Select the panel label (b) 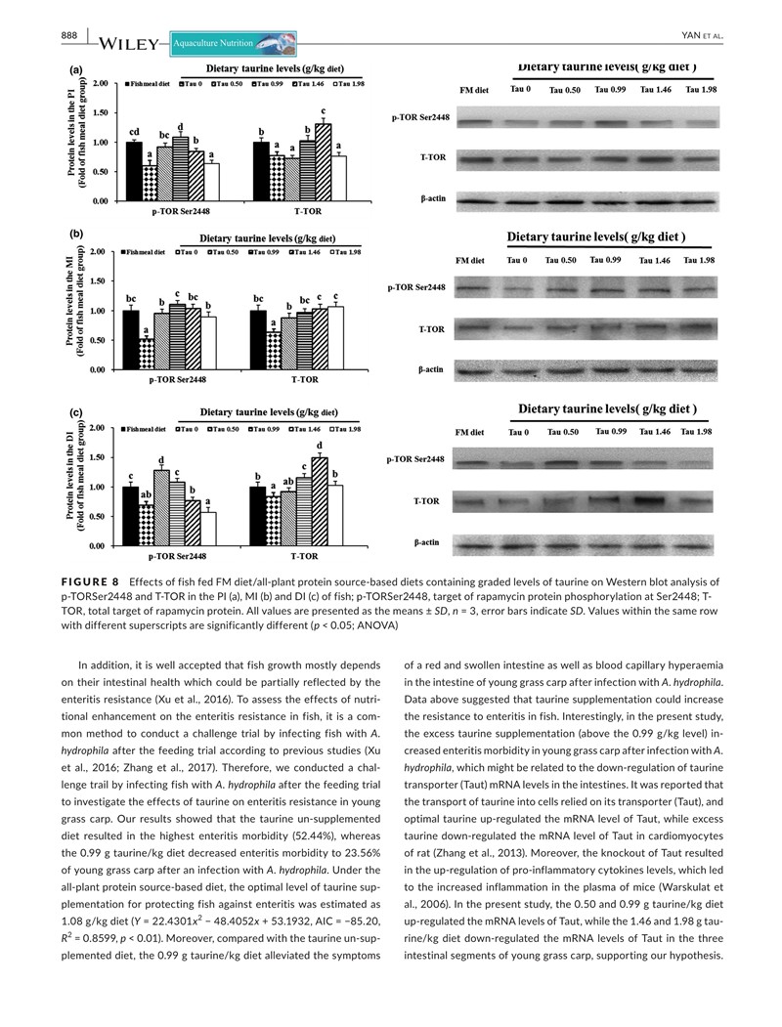[x=74, y=235]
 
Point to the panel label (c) [x=74, y=411]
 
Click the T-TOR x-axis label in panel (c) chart [x=305, y=556]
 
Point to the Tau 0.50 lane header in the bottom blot [x=564, y=432]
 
